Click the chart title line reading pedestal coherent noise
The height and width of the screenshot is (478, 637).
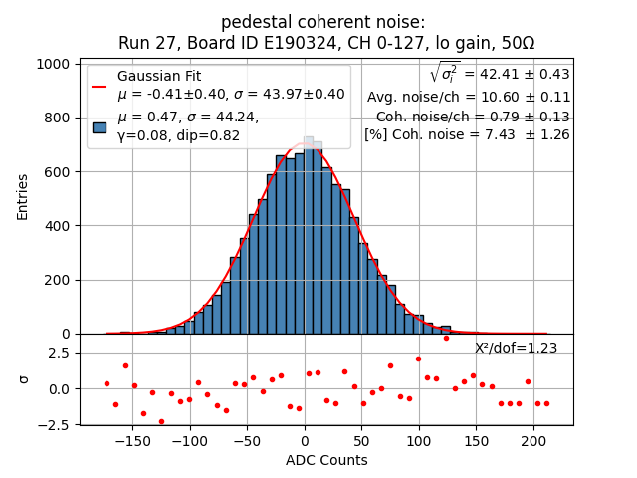(x=322, y=22)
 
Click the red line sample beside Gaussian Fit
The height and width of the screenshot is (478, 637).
(x=100, y=86)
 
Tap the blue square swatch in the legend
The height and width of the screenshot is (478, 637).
(x=100, y=126)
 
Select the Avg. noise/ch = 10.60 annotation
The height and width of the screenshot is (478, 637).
(x=468, y=97)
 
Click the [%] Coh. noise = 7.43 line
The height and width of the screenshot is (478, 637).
(x=467, y=134)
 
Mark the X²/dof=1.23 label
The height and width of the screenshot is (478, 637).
(x=516, y=348)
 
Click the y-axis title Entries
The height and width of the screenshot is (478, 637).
(x=23, y=197)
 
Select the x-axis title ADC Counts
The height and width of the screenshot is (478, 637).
(x=326, y=460)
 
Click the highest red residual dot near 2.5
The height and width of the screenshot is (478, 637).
(x=446, y=338)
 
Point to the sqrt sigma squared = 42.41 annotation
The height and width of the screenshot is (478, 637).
(x=500, y=74)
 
